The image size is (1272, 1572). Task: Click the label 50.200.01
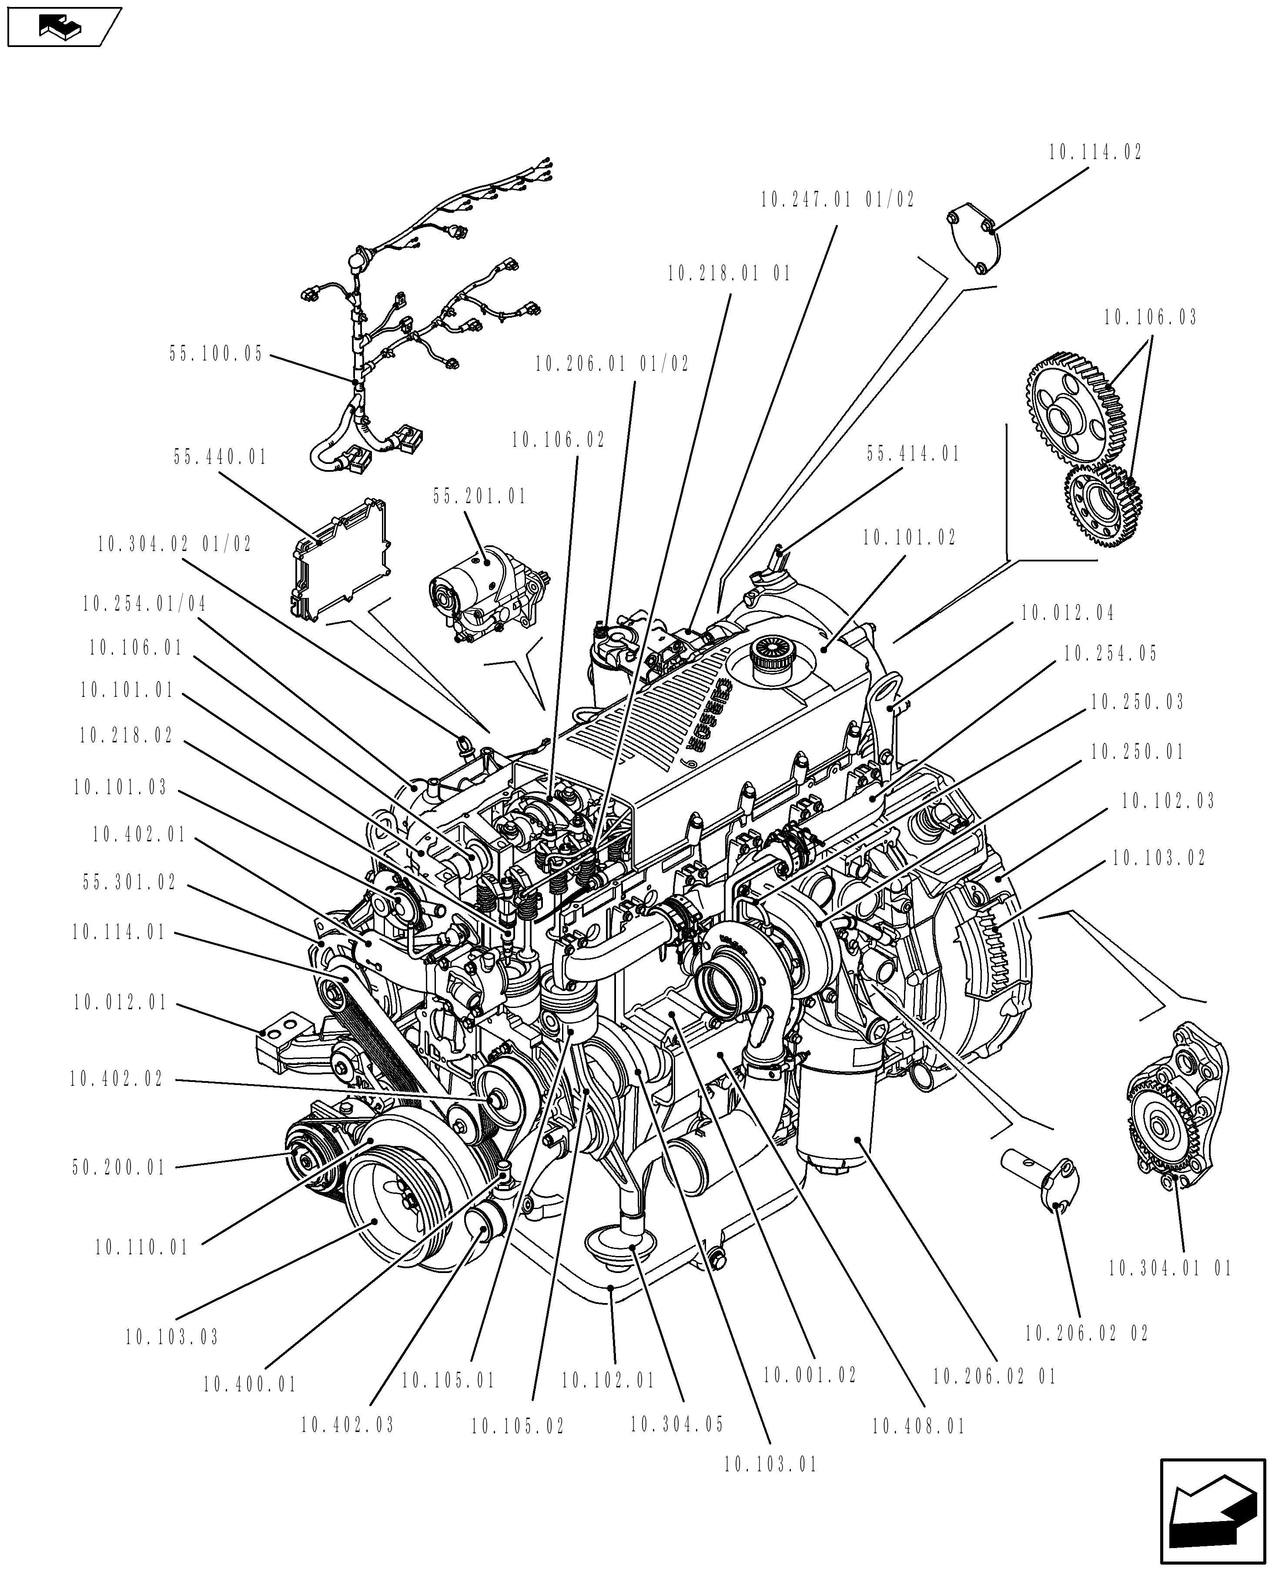click(x=120, y=1167)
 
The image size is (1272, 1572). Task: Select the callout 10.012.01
click(x=121, y=1003)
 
